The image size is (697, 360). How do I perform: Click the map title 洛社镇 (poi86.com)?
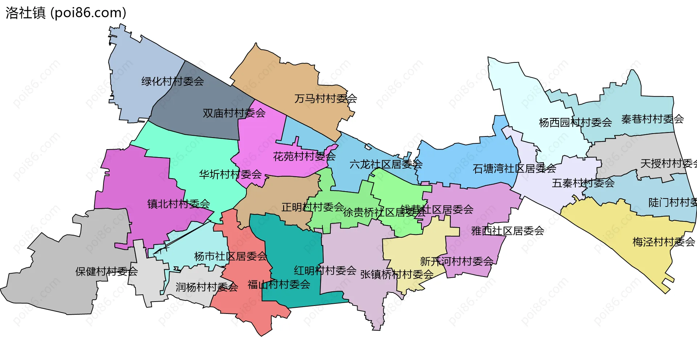(x=66, y=13)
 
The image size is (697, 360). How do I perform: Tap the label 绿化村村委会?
(x=172, y=81)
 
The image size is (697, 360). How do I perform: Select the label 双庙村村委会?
(x=234, y=113)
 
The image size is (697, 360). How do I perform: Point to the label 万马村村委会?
(x=326, y=98)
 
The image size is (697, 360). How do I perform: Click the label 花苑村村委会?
(x=304, y=156)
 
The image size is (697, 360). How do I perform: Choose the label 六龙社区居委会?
(x=386, y=164)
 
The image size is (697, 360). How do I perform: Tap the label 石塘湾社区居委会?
(x=514, y=168)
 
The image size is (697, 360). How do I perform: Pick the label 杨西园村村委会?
(x=575, y=123)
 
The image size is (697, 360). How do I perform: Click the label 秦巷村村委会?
(x=652, y=119)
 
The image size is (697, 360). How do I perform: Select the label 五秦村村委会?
(x=583, y=183)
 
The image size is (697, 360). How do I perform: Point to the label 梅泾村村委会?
(x=664, y=242)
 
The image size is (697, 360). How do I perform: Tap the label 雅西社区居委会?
(x=508, y=231)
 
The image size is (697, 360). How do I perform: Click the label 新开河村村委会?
(x=457, y=261)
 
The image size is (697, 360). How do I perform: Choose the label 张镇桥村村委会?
(x=397, y=274)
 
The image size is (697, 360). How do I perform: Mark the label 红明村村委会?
(x=325, y=270)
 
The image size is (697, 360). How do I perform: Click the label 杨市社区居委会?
(x=231, y=256)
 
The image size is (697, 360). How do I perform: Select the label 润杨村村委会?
(x=207, y=287)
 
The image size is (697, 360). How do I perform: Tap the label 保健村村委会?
(x=106, y=271)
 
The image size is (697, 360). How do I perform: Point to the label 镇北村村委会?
(x=178, y=204)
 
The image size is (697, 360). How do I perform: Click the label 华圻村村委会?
(x=230, y=175)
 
